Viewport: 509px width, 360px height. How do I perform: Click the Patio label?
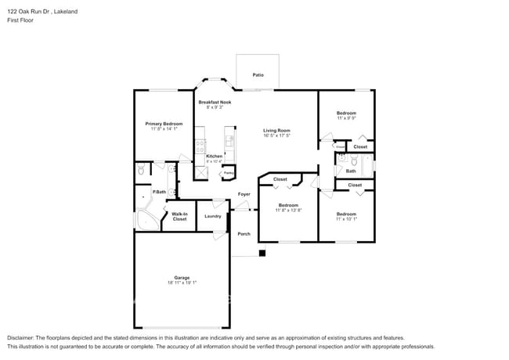coord(258,75)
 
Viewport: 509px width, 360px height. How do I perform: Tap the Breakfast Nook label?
coord(215,103)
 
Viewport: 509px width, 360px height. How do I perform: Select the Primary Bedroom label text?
coord(164,124)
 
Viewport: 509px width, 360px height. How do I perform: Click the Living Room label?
coord(276,130)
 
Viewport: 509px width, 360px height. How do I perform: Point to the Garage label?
coord(182,277)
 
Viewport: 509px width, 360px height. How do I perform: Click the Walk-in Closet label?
coord(179,216)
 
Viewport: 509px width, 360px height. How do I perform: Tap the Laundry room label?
coord(212,216)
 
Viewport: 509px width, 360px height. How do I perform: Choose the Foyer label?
coord(244,194)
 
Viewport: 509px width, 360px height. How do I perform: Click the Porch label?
coord(244,234)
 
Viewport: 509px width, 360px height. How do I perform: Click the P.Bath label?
coord(159,192)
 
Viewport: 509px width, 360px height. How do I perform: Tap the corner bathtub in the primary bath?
coord(145,220)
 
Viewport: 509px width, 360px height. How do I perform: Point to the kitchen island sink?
coord(229,141)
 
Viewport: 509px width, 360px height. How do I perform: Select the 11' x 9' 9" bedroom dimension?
coord(346,118)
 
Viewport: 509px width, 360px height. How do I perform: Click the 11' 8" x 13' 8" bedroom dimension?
coord(288,211)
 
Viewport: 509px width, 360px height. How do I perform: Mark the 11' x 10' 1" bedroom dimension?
coord(346,218)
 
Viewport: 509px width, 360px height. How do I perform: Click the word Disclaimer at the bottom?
coord(21,337)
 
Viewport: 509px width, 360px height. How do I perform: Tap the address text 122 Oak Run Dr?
coord(27,12)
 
